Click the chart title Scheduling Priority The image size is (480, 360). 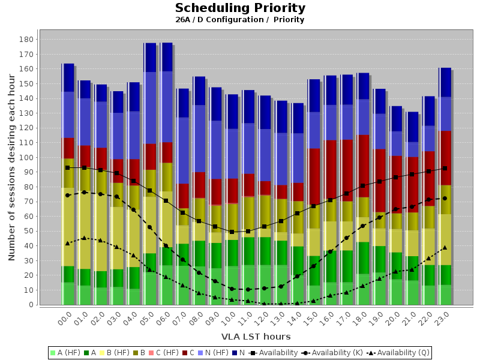click(x=240, y=8)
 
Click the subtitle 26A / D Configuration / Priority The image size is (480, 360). click(x=240, y=20)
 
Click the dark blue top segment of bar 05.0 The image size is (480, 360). click(x=150, y=58)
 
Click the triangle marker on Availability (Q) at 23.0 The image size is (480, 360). click(x=445, y=247)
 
